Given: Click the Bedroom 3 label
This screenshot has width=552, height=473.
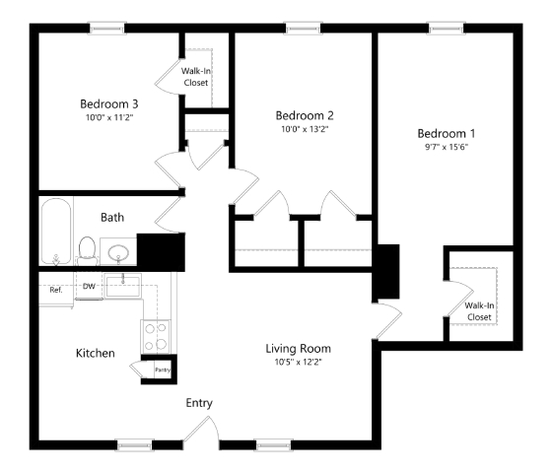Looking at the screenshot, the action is point(109,104).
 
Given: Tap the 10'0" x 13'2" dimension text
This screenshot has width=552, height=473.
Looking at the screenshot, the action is point(305,129).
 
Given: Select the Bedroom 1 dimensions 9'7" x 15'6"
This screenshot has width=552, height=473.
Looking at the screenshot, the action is point(447,147).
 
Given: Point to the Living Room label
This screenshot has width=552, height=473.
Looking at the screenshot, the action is point(298,349).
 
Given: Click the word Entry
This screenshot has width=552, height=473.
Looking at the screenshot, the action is point(199,403).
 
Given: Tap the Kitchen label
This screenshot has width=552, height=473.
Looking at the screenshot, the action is point(96,353).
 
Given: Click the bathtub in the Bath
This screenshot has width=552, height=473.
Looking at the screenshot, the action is point(56,232).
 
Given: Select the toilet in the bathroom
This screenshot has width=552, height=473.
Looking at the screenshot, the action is point(87,250).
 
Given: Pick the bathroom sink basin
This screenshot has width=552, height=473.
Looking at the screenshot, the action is point(118,253).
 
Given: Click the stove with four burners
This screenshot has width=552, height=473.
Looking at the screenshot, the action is point(156,337).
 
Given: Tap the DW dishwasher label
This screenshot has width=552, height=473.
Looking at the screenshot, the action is point(89,287).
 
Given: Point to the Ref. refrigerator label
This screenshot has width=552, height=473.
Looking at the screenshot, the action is point(56,290).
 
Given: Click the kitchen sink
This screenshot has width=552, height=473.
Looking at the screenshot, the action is point(123,286).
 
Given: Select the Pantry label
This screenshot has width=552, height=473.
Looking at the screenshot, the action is point(163,370).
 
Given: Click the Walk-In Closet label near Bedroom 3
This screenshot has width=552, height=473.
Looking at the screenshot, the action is point(196,77).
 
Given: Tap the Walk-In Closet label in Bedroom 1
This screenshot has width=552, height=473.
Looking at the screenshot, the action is point(479,311).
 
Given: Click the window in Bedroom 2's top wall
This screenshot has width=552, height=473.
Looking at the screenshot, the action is point(304,29).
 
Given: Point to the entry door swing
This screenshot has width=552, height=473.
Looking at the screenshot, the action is point(201,429).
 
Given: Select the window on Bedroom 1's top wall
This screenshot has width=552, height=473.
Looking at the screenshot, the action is point(447,29).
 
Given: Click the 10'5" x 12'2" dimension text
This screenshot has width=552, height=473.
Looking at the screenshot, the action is point(298,362).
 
